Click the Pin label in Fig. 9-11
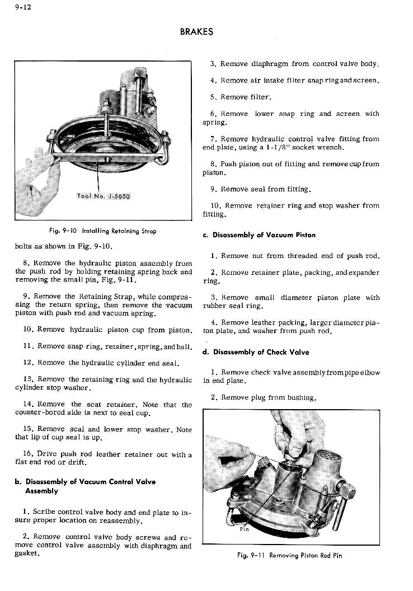[x=245, y=528]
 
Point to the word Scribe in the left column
[x=44, y=512]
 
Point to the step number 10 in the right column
[x=216, y=206]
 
